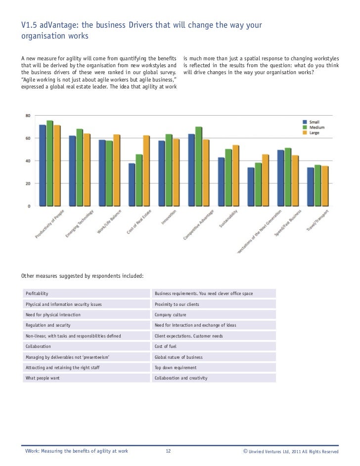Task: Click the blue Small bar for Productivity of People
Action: pos(43,166)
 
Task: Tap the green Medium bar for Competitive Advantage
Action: pos(199,166)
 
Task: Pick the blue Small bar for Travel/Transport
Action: pos(310,186)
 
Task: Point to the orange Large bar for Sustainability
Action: pos(235,175)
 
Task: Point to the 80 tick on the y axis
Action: pos(28,116)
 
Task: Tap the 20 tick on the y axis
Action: pos(28,183)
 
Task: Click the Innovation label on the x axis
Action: pos(169,218)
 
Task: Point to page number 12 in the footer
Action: pos(168,451)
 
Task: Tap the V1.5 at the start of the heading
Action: pos(29,25)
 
